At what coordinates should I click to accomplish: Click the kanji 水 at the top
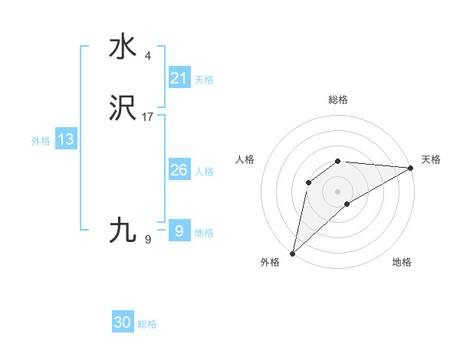tap(123, 47)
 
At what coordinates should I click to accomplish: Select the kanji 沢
tap(123, 110)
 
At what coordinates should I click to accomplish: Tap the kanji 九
tap(123, 230)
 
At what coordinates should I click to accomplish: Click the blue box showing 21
tap(179, 78)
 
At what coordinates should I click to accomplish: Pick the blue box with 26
tap(179, 170)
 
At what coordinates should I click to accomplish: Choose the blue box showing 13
tap(66, 139)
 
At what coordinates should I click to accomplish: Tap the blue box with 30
tap(123, 322)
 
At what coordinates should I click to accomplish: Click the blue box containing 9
tap(179, 231)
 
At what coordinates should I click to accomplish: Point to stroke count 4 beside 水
tap(147, 55)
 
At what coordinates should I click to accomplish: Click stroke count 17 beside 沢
tap(148, 117)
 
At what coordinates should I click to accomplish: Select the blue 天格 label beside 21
tap(204, 79)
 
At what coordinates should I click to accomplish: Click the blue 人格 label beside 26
tap(204, 171)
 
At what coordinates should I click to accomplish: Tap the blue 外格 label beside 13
tap(41, 140)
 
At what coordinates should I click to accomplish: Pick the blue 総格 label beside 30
tap(147, 324)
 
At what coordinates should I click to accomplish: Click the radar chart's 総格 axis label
tap(337, 100)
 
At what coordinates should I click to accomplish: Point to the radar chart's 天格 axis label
tap(431, 159)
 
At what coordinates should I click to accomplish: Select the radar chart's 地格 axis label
tap(402, 262)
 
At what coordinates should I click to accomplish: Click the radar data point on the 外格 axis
tap(292, 253)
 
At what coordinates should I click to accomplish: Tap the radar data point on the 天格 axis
tap(410, 168)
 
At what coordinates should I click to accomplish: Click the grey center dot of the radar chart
tap(337, 191)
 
